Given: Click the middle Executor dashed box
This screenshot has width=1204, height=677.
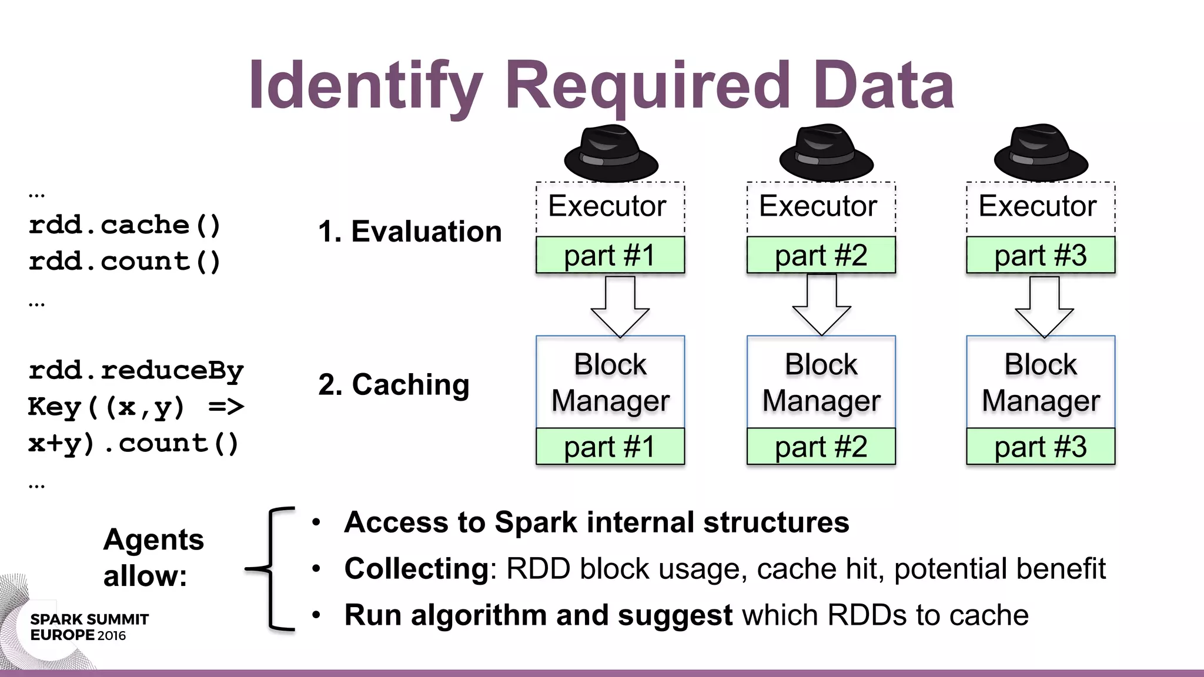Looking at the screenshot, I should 821,207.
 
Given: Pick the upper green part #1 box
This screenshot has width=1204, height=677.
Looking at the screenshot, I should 610,255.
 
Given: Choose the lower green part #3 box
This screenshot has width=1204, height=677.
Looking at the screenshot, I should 1041,447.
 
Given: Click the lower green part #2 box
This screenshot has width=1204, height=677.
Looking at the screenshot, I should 821,447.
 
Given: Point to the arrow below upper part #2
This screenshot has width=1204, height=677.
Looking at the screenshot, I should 821,304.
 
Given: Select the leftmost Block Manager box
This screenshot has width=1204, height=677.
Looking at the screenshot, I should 610,382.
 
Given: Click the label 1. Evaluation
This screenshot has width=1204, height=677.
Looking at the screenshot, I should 410,232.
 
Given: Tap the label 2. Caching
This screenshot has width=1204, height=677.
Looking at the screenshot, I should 394,385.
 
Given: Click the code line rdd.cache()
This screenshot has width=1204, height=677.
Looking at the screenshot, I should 125,225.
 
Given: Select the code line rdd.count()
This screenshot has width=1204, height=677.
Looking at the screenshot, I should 125,262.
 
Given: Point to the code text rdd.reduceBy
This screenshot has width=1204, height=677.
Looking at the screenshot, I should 136,371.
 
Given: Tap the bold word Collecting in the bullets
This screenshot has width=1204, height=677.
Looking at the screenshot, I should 416,569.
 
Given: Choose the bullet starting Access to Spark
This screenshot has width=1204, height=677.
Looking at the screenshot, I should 596,522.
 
